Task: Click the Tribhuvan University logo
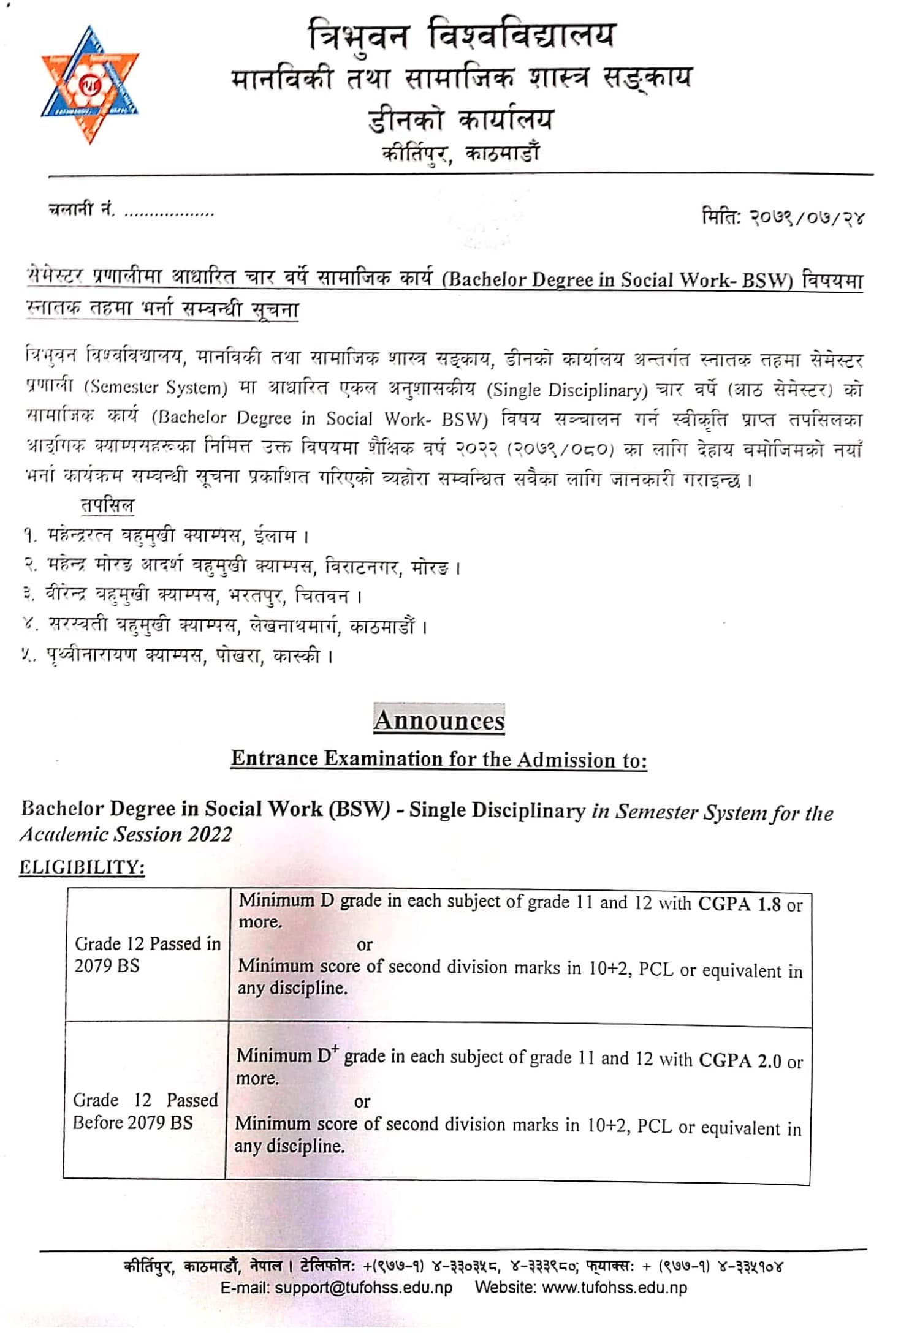coord(90,85)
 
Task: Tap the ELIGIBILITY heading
coord(82,867)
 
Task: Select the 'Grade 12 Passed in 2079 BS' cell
coord(147,954)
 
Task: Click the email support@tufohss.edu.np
coord(336,1287)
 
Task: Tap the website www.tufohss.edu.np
coord(580,1287)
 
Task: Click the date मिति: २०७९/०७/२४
coord(783,217)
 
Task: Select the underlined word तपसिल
coord(107,506)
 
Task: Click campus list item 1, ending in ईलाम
coord(165,537)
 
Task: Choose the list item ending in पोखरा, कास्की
coord(178,656)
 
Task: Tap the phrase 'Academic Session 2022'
coord(126,834)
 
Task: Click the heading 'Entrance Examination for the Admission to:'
coord(439,760)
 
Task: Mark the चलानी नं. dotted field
coord(169,213)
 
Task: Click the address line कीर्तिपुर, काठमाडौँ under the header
coord(460,153)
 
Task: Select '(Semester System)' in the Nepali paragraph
coord(156,388)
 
